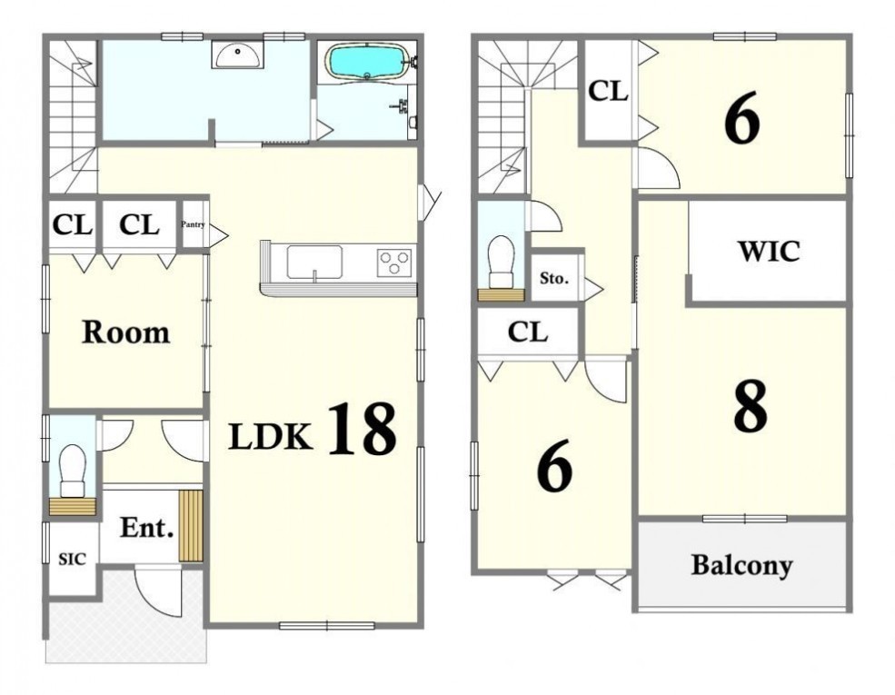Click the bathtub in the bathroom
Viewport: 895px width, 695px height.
(367, 62)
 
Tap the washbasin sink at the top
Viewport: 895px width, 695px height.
(237, 55)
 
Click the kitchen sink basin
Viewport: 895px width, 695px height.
(314, 262)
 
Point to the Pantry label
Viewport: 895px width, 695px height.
(193, 224)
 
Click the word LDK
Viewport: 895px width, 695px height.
(271, 437)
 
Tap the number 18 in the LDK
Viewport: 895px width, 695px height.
(362, 428)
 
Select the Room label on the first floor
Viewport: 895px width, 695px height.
(125, 333)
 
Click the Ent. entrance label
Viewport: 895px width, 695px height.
(146, 528)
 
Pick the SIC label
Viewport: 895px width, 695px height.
(73, 560)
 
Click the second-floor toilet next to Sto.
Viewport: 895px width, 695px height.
(502, 261)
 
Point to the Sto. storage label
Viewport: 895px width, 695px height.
(554, 279)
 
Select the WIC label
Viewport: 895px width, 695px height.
(769, 251)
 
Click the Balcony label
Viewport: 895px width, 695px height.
(742, 565)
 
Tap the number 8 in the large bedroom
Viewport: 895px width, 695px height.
(751, 406)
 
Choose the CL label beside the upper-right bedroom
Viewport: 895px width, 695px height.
(609, 91)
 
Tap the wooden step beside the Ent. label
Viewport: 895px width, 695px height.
(191, 525)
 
